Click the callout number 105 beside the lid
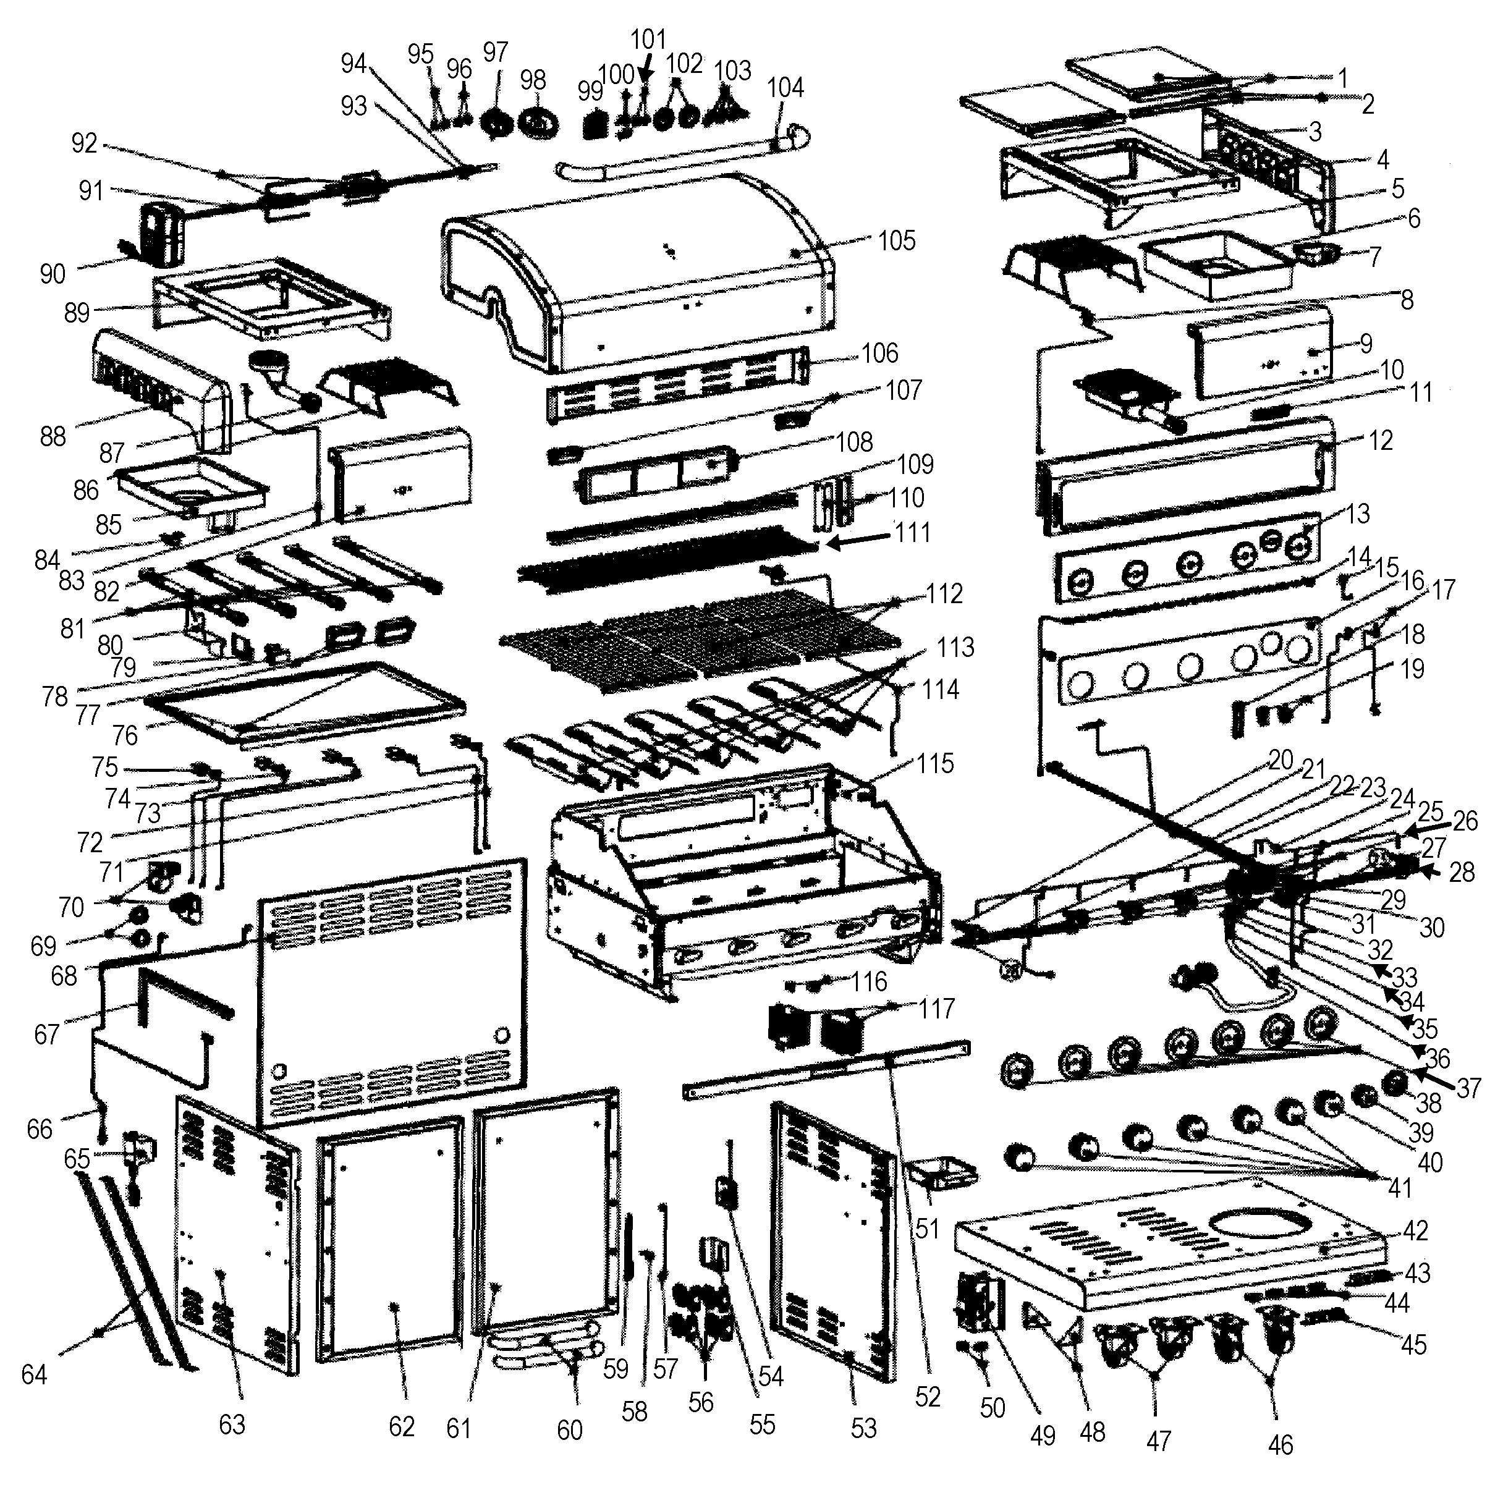(895, 241)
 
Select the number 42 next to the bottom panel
(1415, 1230)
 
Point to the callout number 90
(53, 274)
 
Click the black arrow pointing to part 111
(857, 540)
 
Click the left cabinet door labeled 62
(391, 1243)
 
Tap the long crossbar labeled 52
(825, 1067)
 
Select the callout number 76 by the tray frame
(124, 735)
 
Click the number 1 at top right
(1342, 78)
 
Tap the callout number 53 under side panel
(863, 1428)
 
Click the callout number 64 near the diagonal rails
(33, 1374)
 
